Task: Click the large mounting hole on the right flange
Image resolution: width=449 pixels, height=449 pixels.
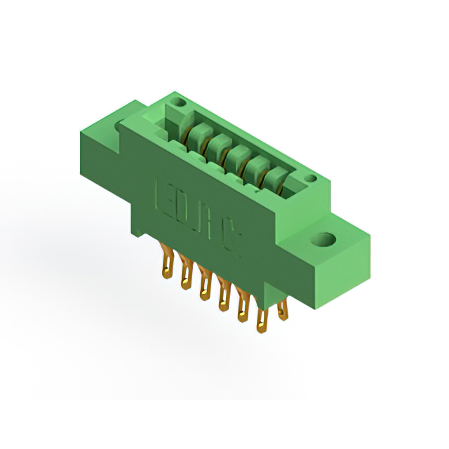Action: click(x=328, y=241)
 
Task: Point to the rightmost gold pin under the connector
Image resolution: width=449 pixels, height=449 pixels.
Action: click(x=283, y=309)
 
